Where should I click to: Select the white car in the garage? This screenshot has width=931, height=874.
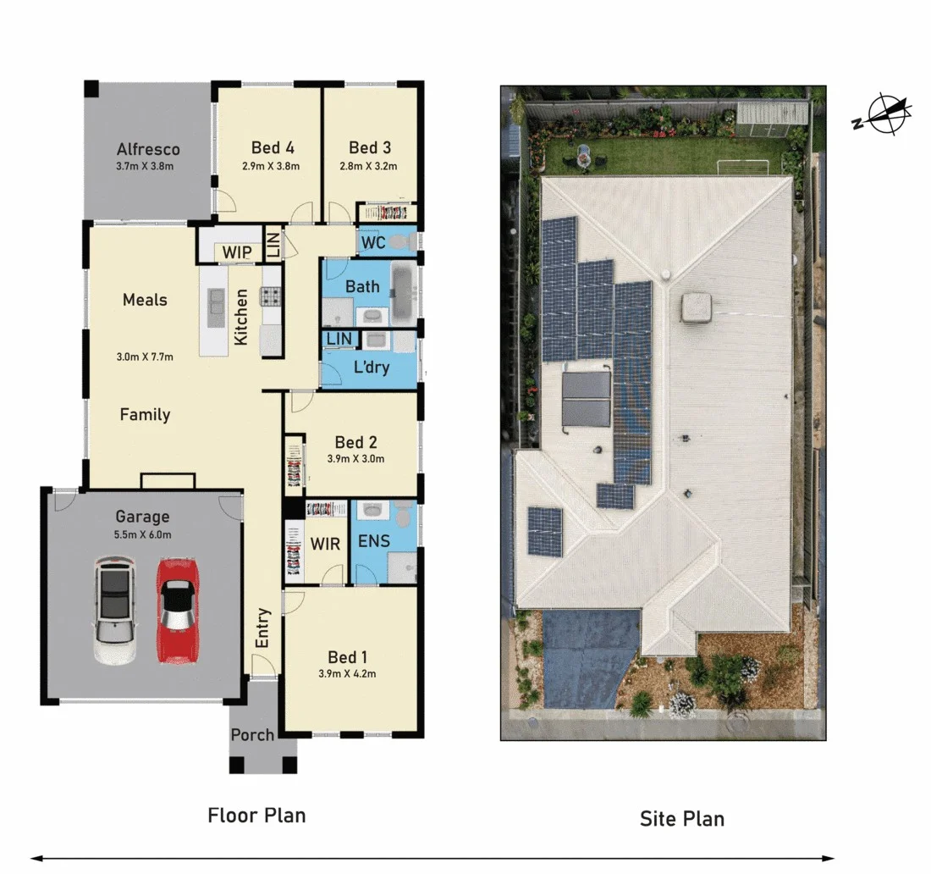113,610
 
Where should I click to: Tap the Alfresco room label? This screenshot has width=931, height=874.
148,150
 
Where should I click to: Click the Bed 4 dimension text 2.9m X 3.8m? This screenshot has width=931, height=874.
272,166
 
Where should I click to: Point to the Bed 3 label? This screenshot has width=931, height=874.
370,147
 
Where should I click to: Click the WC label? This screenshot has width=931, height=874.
373,243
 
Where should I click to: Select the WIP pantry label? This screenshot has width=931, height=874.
237,252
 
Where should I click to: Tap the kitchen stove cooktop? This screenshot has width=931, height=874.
271,296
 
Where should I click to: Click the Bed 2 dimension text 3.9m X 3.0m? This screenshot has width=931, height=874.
355,459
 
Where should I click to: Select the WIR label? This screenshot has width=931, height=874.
325,543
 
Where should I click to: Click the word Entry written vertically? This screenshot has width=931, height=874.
262,628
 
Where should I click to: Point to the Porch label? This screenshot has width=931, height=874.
252,734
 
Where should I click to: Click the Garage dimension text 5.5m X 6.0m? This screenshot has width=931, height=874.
142,534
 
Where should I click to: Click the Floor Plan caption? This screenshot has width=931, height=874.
256,816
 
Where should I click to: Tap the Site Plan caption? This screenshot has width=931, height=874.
681,819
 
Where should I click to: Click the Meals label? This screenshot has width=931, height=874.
145,300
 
